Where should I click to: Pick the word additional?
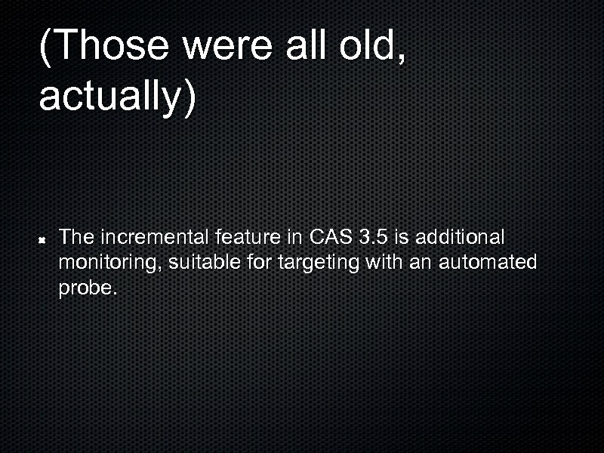click(x=459, y=238)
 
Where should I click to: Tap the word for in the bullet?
click(x=263, y=263)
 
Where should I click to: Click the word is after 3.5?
click(x=402, y=238)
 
